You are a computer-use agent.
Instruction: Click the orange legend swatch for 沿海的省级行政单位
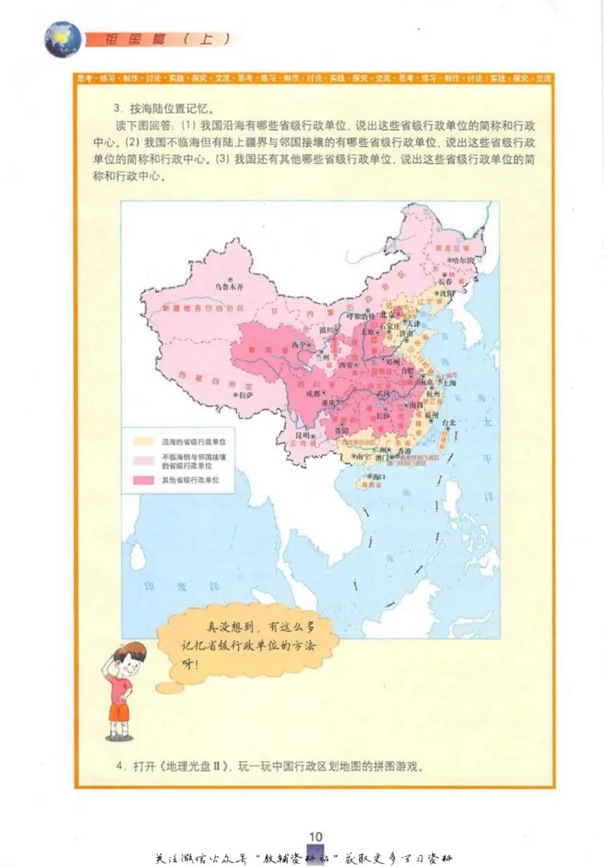(x=146, y=442)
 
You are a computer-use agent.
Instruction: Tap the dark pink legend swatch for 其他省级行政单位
(x=146, y=479)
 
